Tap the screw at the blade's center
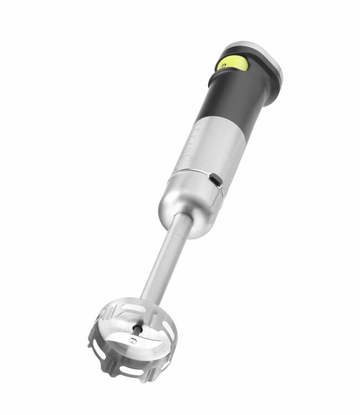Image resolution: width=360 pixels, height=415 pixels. click(x=133, y=341)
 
